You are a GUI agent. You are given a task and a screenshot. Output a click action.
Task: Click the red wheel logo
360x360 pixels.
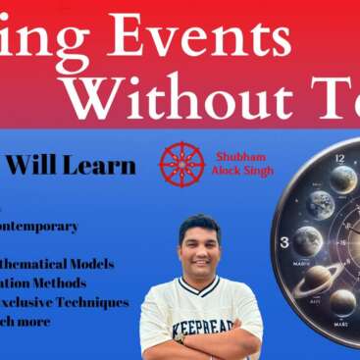181,163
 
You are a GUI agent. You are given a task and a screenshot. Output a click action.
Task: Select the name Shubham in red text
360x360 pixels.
236,155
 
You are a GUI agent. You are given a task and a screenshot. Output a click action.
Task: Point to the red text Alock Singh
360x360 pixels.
236,170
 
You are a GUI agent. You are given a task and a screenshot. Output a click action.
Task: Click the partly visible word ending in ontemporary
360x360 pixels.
39,226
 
